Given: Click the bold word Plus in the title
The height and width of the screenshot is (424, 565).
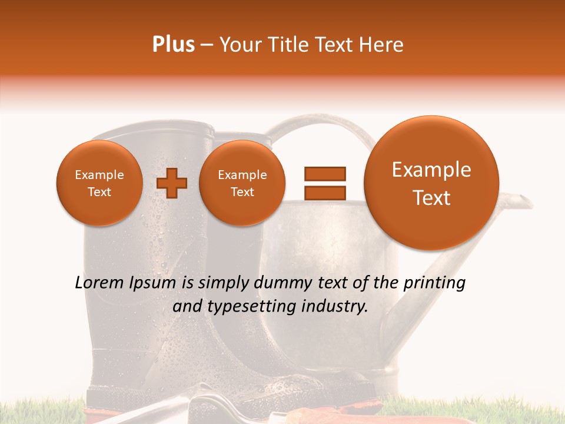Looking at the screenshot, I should pyautogui.click(x=173, y=45).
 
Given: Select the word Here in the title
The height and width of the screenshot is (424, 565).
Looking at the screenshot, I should pyautogui.click(x=382, y=45).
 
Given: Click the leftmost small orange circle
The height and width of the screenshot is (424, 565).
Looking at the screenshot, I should pyautogui.click(x=99, y=183).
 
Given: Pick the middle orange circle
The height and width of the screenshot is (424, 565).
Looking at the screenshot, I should pyautogui.click(x=242, y=183).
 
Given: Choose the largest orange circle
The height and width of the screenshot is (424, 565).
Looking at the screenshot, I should pyautogui.click(x=431, y=183).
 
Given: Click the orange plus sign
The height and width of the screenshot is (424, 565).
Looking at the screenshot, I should pyautogui.click(x=172, y=183).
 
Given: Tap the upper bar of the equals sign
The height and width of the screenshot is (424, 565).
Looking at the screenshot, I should pyautogui.click(x=324, y=173).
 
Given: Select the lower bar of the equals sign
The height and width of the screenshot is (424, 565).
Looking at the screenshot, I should pyautogui.click(x=324, y=192).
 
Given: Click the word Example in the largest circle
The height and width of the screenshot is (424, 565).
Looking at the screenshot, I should pyautogui.click(x=431, y=170).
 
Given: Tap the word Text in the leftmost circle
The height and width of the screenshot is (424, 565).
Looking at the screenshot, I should pyautogui.click(x=99, y=192).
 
